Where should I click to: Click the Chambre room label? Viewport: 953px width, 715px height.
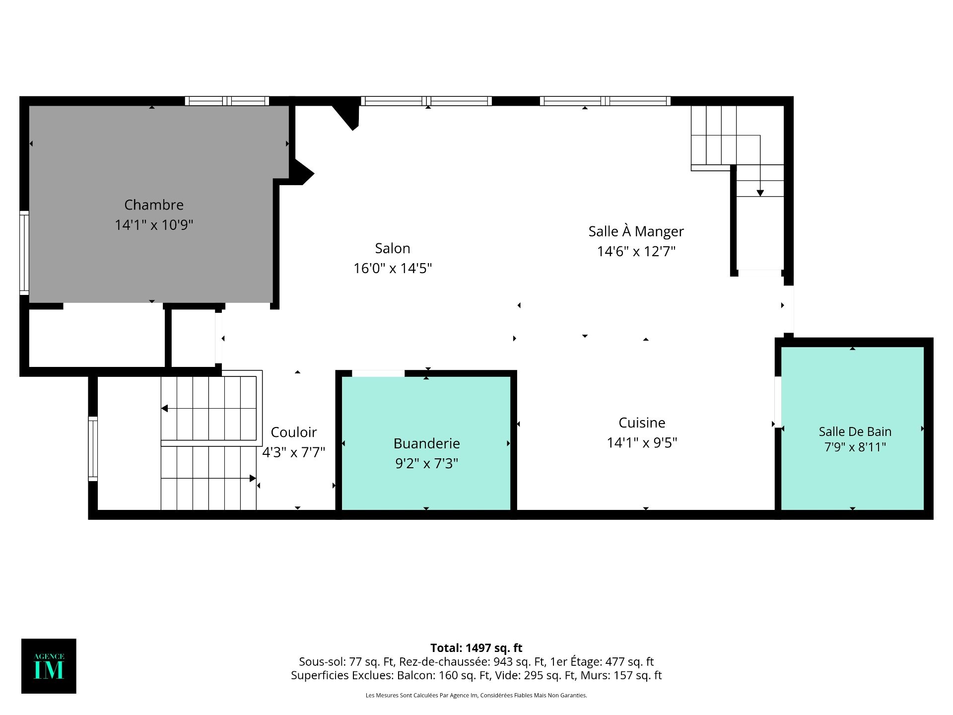click(154, 205)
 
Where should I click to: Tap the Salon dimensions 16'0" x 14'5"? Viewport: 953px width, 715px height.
click(393, 268)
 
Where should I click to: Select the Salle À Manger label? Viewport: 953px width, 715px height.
click(636, 231)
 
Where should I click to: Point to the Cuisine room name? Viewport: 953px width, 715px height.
click(642, 423)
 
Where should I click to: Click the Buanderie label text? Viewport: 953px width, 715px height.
click(427, 443)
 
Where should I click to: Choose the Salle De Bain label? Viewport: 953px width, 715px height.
click(855, 431)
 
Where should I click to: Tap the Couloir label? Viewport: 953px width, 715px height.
click(294, 432)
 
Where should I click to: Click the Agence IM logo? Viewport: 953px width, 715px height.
click(49, 666)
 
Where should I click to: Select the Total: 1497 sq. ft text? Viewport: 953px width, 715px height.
click(476, 648)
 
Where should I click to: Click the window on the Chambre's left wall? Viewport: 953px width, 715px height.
click(24, 253)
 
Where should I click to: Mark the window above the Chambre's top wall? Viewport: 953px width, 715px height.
click(227, 101)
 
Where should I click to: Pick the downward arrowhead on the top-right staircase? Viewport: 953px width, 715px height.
click(760, 193)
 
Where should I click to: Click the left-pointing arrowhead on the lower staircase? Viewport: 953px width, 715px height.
click(165, 409)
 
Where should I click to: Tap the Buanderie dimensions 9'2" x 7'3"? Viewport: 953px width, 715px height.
click(427, 463)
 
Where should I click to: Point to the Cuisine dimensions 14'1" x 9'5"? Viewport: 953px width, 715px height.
click(642, 442)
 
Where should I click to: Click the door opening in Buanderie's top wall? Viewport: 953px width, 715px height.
click(378, 373)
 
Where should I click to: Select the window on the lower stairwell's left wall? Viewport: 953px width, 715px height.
click(93, 449)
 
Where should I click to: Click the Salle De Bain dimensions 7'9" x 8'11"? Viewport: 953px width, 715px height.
click(855, 447)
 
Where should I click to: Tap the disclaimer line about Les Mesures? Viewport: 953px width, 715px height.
click(476, 695)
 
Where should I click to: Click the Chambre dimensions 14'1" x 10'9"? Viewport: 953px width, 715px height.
click(154, 225)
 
